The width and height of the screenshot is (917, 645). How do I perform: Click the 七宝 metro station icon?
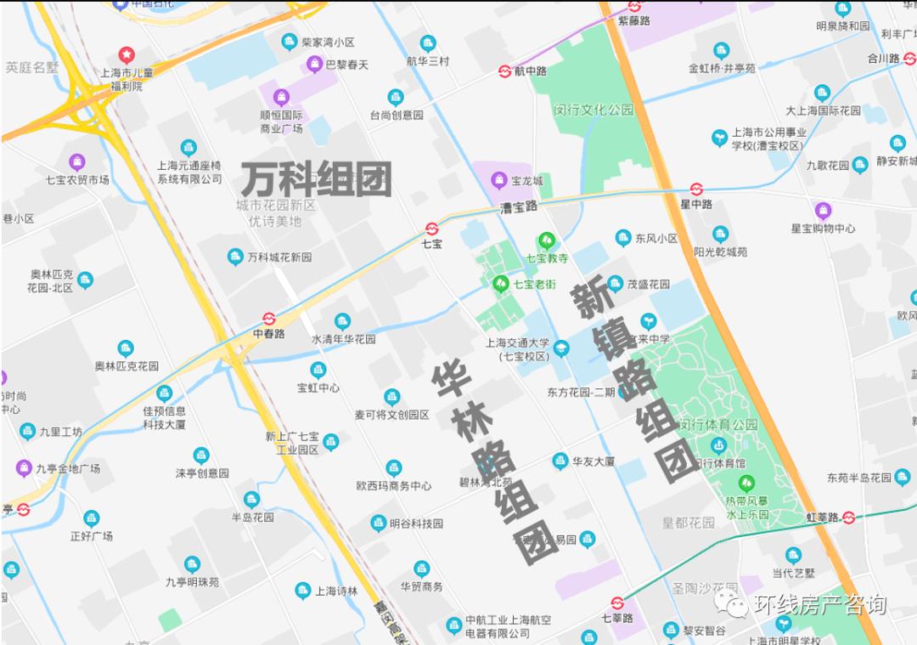(432, 228)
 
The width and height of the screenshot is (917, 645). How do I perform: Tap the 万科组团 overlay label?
(317, 180)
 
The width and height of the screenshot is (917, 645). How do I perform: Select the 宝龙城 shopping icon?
(498, 180)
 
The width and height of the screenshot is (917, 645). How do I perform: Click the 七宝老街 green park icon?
(500, 284)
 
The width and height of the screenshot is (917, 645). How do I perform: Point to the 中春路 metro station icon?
(269, 319)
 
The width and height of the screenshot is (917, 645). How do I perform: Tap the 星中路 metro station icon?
(696, 189)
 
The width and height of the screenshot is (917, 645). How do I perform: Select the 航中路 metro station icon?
(504, 71)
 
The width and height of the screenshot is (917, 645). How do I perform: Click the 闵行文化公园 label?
(594, 110)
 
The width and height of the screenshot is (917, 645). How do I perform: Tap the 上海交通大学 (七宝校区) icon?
(561, 348)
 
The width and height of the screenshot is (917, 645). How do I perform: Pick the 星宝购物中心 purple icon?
(823, 210)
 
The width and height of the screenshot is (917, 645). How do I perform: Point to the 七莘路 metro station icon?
(617, 603)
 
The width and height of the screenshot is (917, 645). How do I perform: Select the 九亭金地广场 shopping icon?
(25, 467)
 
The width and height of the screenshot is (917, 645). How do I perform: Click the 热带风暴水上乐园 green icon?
(746, 484)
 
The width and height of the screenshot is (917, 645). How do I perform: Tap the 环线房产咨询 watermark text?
(819, 604)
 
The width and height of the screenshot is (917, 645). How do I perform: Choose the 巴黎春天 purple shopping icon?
(314, 65)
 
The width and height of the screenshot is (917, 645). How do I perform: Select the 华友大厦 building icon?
(560, 461)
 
